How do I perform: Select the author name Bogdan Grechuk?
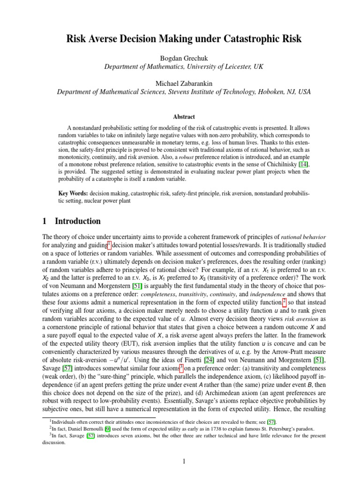click(180, 58)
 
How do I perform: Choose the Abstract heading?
click(180, 117)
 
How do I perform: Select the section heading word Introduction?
click(78, 221)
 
